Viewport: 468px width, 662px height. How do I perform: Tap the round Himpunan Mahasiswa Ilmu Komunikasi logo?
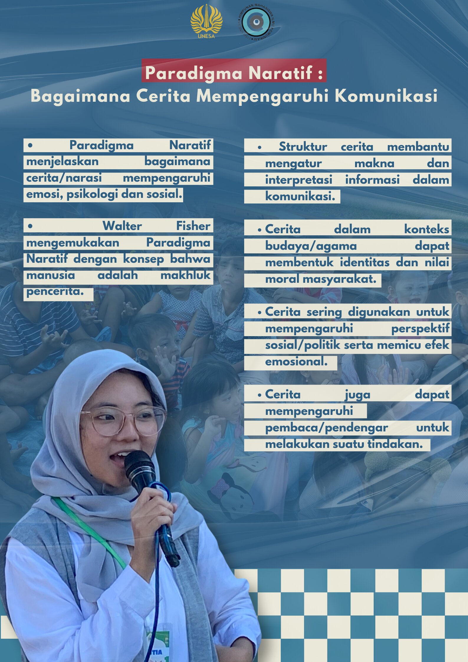pyautogui.click(x=256, y=22)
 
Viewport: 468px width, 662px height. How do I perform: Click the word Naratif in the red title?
pyautogui.click(x=280, y=73)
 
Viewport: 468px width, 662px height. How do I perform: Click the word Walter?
pyautogui.click(x=122, y=226)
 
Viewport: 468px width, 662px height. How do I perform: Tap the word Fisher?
pyautogui.click(x=193, y=226)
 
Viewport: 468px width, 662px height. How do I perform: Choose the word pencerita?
pyautogui.click(x=55, y=291)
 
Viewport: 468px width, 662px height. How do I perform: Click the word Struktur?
pyautogui.click(x=303, y=147)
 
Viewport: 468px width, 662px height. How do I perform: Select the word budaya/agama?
pyautogui.click(x=311, y=246)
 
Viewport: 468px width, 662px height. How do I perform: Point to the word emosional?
pyautogui.click(x=296, y=362)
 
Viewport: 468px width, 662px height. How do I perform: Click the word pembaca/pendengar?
pyautogui.click(x=326, y=428)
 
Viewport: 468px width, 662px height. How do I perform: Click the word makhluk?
pyautogui.click(x=185, y=275)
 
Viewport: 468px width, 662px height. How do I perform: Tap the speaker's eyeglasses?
pyautogui.click(x=124, y=420)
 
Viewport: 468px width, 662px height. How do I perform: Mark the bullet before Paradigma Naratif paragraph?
pyautogui.click(x=30, y=145)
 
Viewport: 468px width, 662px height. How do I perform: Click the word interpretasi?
pyautogui.click(x=298, y=180)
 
